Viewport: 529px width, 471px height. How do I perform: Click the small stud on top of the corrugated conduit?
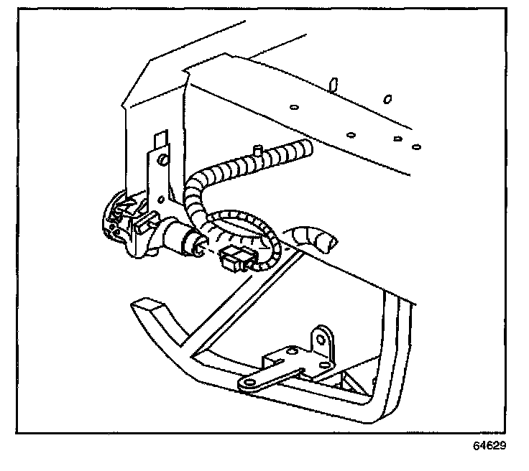[256, 150]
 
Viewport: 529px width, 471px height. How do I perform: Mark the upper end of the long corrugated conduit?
[305, 150]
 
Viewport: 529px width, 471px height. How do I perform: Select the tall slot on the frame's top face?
[333, 85]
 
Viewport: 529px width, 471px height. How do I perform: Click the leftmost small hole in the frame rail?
[293, 108]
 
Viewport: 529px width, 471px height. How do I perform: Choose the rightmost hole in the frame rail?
[416, 146]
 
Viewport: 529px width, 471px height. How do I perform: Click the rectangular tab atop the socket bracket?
[159, 138]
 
